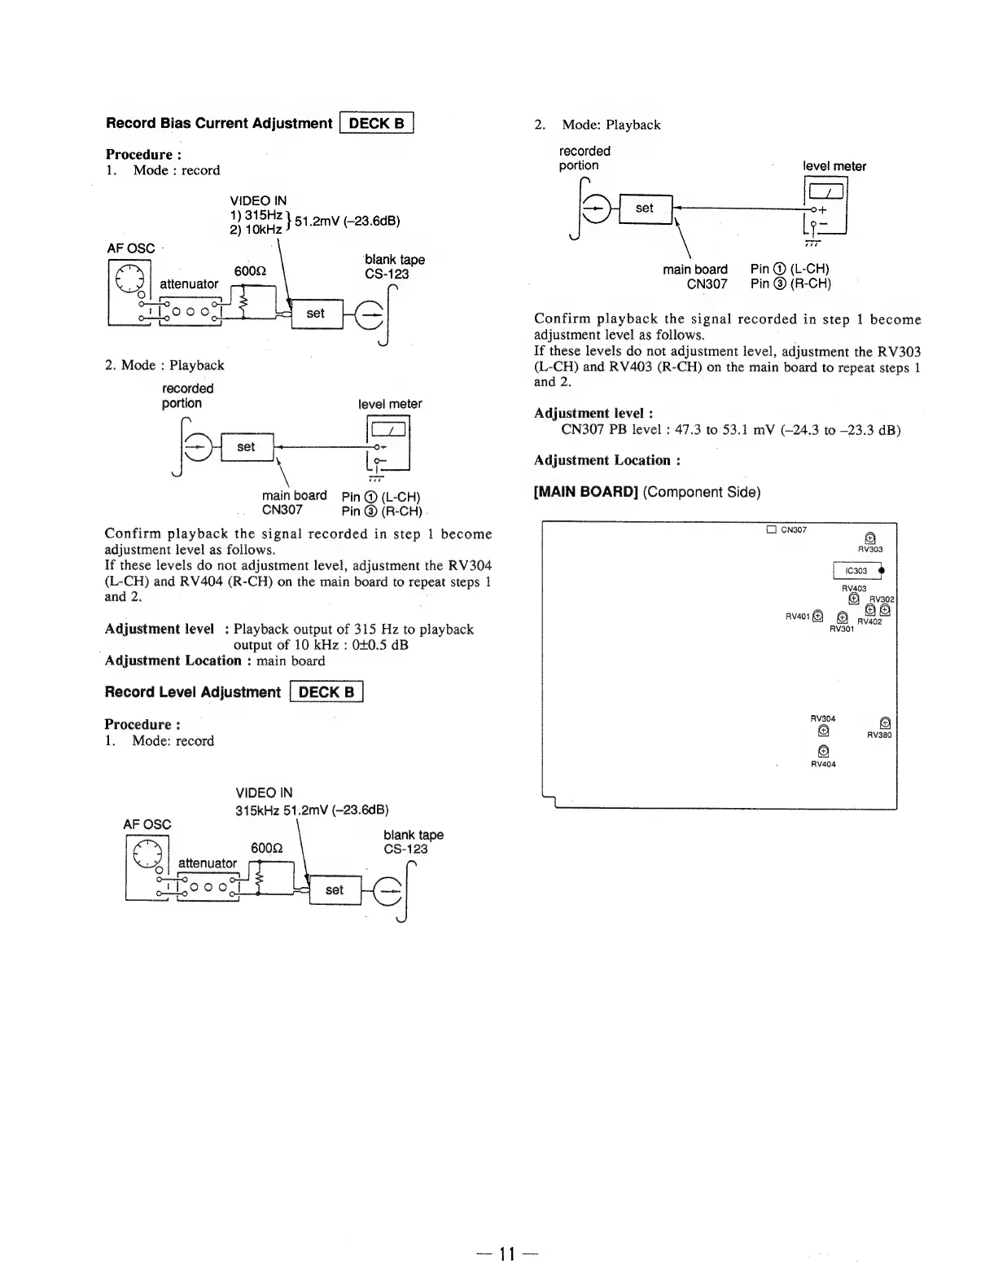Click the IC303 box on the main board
point(856,570)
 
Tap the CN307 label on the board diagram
point(793,530)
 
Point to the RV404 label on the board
point(823,764)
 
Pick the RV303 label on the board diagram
point(870,549)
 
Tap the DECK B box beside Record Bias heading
point(377,124)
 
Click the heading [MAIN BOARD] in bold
point(585,492)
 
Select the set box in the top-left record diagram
point(316,313)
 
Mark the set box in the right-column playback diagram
point(645,208)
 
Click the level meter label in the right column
point(834,166)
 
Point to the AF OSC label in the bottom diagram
point(147,823)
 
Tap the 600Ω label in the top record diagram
point(248,270)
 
